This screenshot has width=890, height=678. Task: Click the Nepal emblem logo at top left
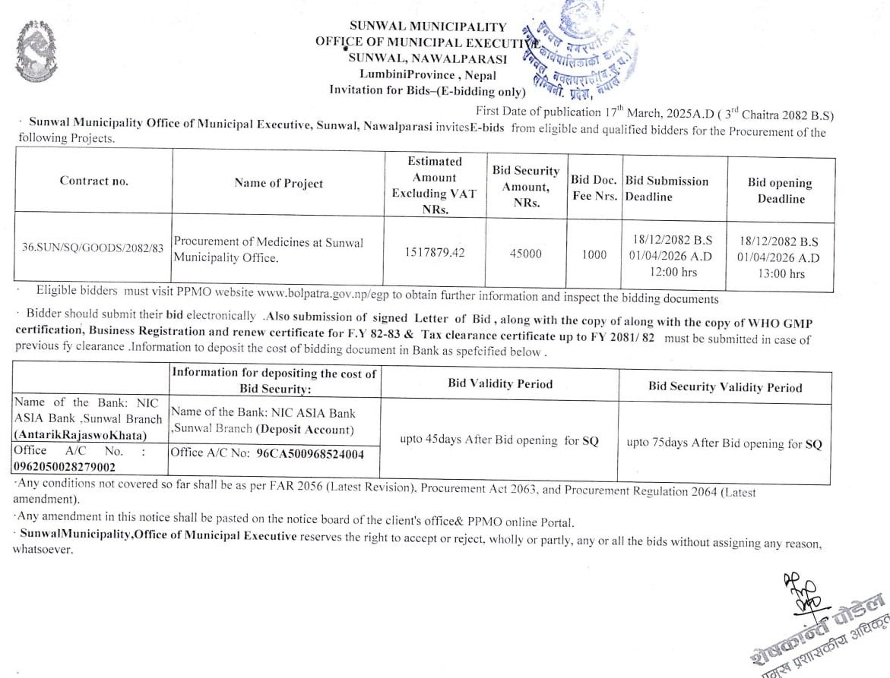36,51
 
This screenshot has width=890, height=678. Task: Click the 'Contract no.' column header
94,181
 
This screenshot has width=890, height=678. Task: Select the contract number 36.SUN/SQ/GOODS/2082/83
93,248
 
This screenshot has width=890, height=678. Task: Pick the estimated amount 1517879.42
435,252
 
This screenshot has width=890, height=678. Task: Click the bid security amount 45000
525,254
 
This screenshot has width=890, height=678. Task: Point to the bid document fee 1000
594,254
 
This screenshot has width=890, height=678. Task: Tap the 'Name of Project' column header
278,183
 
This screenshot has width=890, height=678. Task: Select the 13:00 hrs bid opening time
780,273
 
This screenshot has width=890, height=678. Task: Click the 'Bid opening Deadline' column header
780,191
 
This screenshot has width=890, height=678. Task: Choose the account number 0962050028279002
65,467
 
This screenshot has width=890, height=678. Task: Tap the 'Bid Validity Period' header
500,383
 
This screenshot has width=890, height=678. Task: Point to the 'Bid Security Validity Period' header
724,386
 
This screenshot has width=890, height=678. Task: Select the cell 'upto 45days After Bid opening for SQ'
499,440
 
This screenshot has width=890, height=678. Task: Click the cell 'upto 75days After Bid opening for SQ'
724,443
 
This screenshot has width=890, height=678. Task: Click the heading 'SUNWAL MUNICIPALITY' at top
428,27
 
